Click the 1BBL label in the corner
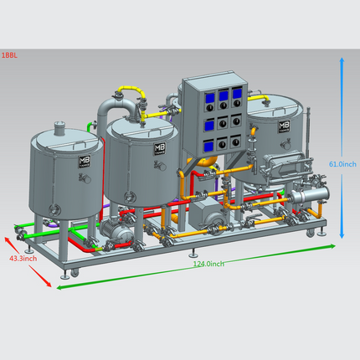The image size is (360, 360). (x=9, y=55)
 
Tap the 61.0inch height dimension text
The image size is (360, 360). (x=342, y=164)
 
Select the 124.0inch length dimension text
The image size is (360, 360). (x=208, y=264)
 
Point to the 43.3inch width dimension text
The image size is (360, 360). (x=23, y=259)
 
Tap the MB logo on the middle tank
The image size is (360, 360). (x=160, y=148)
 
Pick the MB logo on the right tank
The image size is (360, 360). (x=284, y=126)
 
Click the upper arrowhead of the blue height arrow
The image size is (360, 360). (x=342, y=60)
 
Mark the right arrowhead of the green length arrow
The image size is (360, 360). (x=332, y=246)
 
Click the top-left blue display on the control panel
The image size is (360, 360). (x=210, y=98)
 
